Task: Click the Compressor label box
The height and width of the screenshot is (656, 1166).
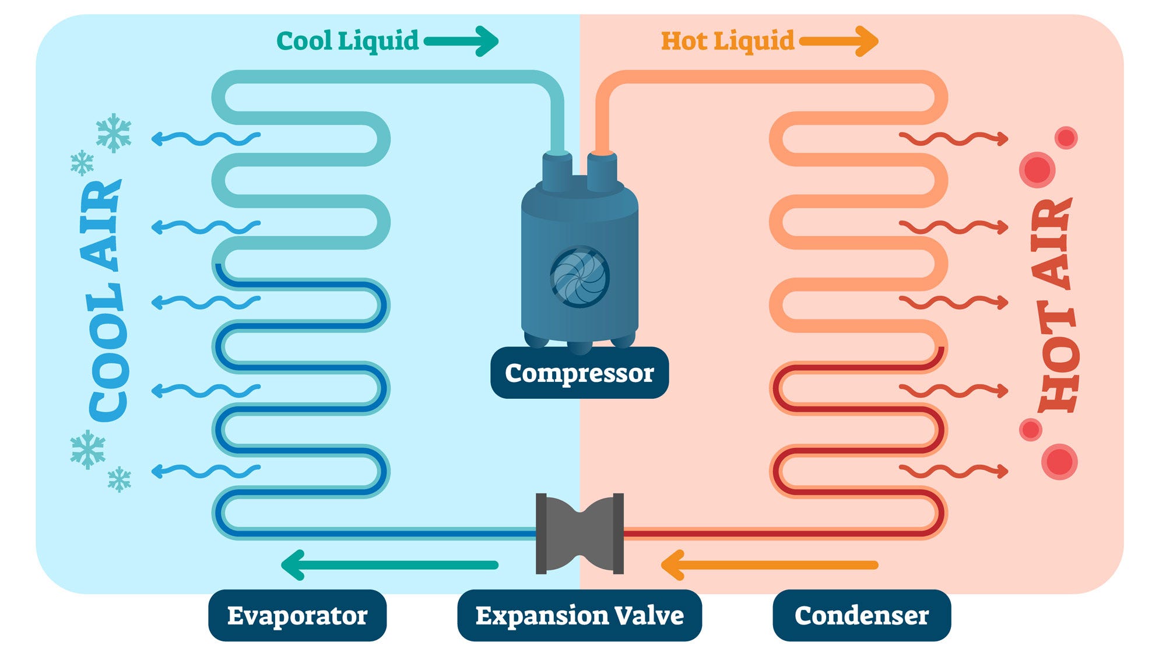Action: click(580, 373)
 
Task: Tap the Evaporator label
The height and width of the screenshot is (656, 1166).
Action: click(297, 615)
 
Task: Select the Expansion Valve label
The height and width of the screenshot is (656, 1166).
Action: click(580, 615)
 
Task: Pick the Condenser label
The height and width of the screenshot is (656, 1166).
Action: click(862, 615)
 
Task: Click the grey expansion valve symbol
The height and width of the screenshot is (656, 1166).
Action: click(580, 534)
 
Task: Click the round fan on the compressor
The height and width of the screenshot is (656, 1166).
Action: click(580, 276)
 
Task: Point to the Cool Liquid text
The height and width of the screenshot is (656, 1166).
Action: click(347, 41)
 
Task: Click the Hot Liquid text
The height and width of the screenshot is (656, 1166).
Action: click(728, 41)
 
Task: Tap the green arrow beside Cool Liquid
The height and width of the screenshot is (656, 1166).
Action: click(461, 41)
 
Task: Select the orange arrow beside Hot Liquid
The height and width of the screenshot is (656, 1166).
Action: click(839, 41)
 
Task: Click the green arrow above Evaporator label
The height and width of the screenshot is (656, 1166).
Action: click(389, 565)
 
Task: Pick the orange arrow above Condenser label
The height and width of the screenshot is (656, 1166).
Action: click(770, 565)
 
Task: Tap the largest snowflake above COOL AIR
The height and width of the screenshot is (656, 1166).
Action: click(114, 133)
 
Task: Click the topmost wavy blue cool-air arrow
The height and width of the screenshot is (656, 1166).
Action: click(206, 138)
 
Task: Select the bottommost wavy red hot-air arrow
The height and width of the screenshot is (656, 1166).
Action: click(954, 471)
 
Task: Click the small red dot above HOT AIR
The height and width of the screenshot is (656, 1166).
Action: click(1066, 138)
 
